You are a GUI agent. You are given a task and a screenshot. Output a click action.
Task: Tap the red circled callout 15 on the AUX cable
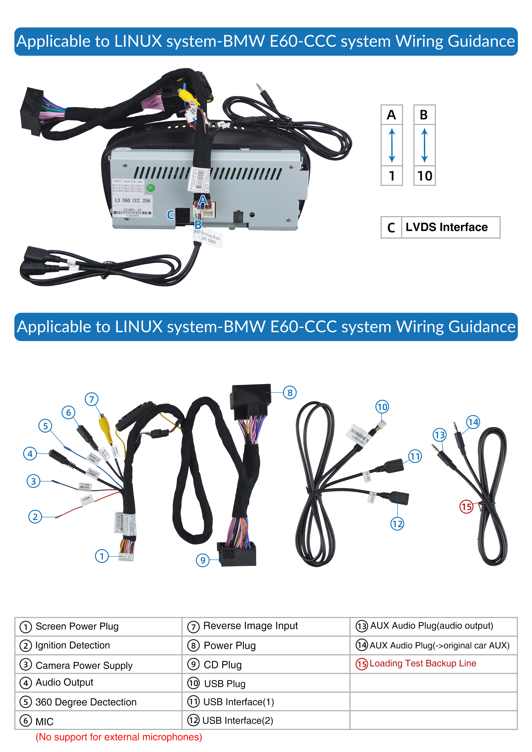click(466, 507)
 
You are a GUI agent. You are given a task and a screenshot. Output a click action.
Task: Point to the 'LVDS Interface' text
click(446, 227)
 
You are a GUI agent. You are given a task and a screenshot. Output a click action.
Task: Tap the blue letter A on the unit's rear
click(203, 200)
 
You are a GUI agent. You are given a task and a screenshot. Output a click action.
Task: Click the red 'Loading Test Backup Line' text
click(423, 663)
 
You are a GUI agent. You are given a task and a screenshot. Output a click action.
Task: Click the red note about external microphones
click(119, 737)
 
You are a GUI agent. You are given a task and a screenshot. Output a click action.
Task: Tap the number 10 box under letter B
click(425, 176)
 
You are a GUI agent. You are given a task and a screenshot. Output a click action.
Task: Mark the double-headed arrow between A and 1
click(392, 145)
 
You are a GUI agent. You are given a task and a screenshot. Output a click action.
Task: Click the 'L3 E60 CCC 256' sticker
click(132, 200)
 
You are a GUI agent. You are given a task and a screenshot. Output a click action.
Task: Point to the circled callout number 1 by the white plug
click(102, 556)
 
